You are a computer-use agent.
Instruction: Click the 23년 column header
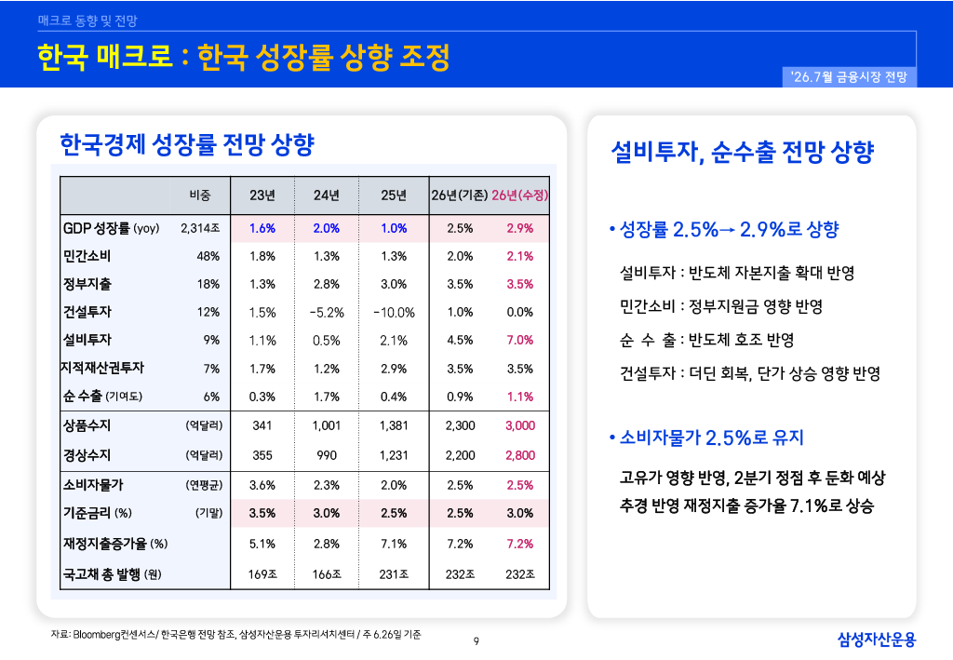click(x=262, y=195)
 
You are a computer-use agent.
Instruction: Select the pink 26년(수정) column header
click(x=519, y=195)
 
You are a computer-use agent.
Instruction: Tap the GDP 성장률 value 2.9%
click(x=520, y=228)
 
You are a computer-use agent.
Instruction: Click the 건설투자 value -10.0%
click(x=394, y=313)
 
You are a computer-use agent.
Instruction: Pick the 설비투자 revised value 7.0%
click(x=520, y=341)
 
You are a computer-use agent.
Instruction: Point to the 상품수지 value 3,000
click(x=520, y=425)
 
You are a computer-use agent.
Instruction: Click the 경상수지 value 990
click(x=327, y=455)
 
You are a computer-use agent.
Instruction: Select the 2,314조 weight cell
click(x=200, y=228)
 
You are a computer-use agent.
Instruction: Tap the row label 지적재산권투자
click(x=102, y=368)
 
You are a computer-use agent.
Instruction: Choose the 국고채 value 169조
click(x=262, y=574)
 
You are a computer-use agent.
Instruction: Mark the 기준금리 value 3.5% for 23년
click(x=262, y=514)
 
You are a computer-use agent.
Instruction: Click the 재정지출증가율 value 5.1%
click(x=262, y=544)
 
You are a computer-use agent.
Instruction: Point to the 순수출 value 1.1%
click(x=520, y=397)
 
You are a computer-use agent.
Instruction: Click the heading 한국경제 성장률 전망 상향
click(x=187, y=144)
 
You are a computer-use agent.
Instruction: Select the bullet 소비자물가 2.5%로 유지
click(x=706, y=438)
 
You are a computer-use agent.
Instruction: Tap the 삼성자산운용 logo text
click(x=877, y=640)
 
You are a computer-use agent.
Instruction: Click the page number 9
click(x=476, y=641)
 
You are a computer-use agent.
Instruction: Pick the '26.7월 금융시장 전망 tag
click(x=849, y=77)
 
